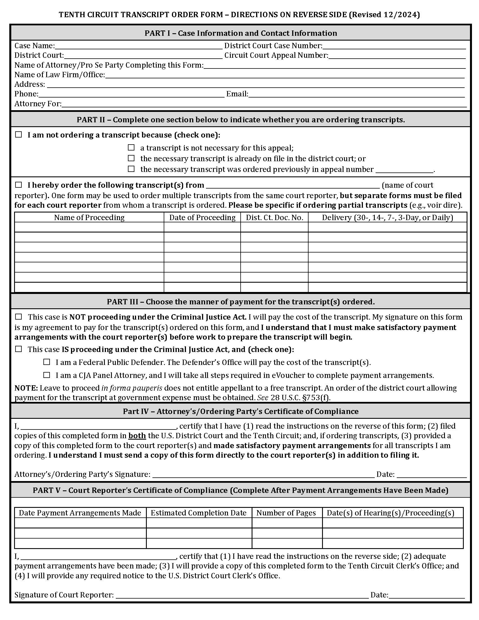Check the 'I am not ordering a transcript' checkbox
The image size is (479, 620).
(x=18, y=134)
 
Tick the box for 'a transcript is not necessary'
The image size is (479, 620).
(x=131, y=147)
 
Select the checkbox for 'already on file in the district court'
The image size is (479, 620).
(x=131, y=158)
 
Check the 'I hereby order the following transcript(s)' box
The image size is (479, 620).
(x=18, y=185)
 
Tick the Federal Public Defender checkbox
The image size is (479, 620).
(x=46, y=362)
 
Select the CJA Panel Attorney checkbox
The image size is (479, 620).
(x=46, y=375)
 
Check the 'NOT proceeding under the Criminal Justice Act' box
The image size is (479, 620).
(x=18, y=316)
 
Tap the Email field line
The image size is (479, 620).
(x=356, y=94)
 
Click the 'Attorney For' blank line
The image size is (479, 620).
(x=264, y=104)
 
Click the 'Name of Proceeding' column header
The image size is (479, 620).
(x=89, y=218)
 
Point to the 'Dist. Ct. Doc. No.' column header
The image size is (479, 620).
(x=274, y=218)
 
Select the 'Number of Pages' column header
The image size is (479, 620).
(x=286, y=513)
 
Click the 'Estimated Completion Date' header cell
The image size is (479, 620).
(x=198, y=513)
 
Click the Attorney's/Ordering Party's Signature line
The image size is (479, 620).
(x=263, y=474)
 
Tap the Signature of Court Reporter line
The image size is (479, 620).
(x=242, y=595)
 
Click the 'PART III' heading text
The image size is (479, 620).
(x=240, y=302)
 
